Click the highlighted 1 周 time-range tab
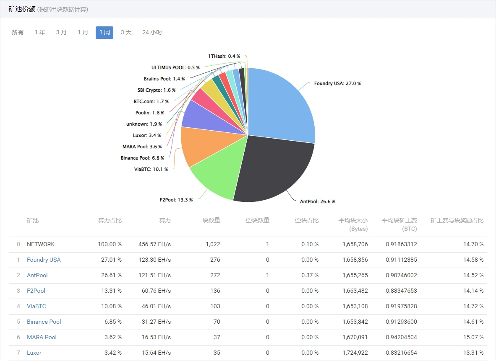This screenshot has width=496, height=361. [x=104, y=32]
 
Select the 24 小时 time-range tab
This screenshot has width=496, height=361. [x=152, y=32]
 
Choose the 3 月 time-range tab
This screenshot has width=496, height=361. [x=61, y=32]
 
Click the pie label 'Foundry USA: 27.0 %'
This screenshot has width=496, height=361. [x=337, y=83]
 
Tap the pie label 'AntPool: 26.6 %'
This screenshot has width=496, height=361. [x=317, y=201]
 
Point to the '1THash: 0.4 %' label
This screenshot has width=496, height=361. [x=224, y=56]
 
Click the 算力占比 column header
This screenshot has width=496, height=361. [x=110, y=220]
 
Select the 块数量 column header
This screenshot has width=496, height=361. [x=211, y=220]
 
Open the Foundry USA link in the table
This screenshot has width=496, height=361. [x=44, y=260]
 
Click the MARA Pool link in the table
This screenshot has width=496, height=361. [x=42, y=337]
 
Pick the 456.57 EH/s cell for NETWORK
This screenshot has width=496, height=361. [x=154, y=244]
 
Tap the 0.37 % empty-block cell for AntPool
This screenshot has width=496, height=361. [x=310, y=275]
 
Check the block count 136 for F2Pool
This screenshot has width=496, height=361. [x=215, y=291]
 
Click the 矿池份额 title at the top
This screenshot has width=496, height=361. [x=22, y=9]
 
